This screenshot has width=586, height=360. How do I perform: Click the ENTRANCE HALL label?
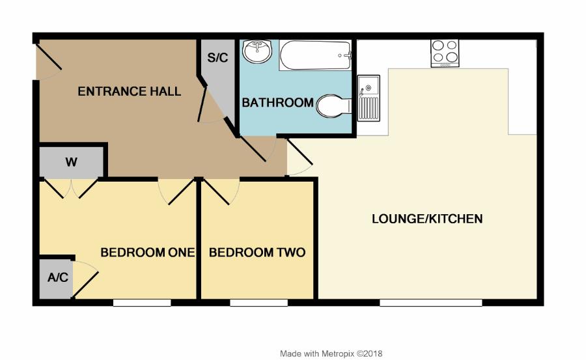(129, 92)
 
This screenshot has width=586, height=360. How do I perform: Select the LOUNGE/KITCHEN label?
(427, 219)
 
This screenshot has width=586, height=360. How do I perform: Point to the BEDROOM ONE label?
(147, 253)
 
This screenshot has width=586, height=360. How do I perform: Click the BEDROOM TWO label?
(257, 253)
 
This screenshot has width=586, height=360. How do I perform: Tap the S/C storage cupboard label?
(217, 58)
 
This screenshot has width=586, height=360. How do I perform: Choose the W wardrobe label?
(71, 162)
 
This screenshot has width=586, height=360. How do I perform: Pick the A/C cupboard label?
(57, 278)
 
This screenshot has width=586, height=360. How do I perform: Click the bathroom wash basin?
(258, 51)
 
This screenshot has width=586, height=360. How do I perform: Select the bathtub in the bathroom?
(316, 55)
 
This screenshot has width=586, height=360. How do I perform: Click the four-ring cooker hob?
(445, 53)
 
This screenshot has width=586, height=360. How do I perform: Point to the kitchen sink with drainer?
(369, 98)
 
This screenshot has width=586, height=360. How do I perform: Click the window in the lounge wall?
(431, 303)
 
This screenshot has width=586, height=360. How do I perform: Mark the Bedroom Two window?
(258, 303)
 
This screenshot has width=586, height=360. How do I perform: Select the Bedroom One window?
(142, 303)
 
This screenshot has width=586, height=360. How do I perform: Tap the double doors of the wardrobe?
(72, 187)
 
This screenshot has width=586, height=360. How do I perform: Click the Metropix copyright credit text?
(331, 354)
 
